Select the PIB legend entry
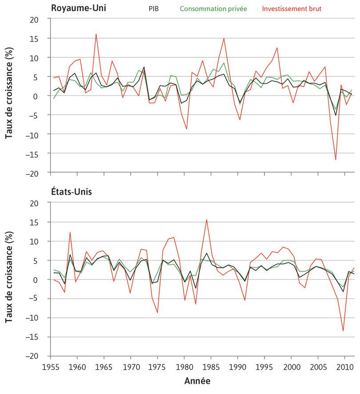click(153, 8)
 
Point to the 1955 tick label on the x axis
click(51, 366)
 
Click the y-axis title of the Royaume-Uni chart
click(9, 96)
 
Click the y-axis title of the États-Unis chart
click(9, 279)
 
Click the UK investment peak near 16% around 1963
click(96, 34)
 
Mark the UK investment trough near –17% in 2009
click(336, 159)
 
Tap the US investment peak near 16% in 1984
click(207, 219)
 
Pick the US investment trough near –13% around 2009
click(343, 330)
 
